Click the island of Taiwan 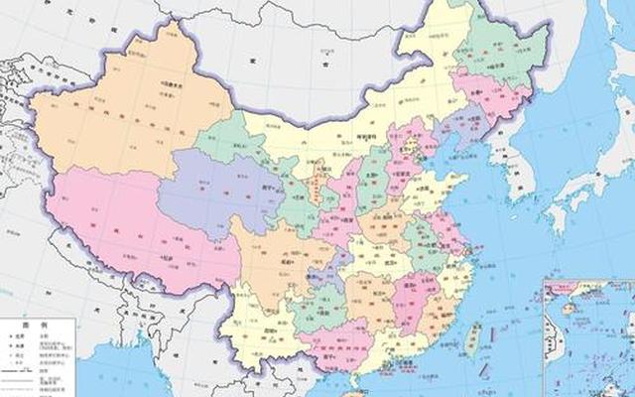point(473,336)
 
